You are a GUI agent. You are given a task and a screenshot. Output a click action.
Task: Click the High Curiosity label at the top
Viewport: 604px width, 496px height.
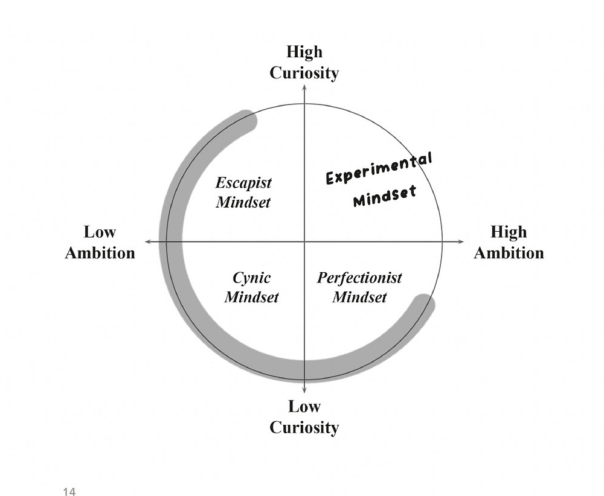click(304, 63)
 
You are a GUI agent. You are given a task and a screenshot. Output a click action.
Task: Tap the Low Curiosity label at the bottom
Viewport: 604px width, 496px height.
click(304, 417)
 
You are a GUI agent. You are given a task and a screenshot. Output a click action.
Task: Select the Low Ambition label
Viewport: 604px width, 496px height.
click(100, 242)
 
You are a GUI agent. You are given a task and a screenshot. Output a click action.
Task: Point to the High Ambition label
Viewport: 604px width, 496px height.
click(509, 242)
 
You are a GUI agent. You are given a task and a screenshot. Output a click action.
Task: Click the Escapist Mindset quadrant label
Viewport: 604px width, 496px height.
click(243, 192)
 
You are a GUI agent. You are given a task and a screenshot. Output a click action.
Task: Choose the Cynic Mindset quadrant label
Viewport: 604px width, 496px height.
click(251, 288)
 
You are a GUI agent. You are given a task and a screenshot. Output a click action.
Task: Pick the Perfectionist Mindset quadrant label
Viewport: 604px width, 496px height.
click(359, 288)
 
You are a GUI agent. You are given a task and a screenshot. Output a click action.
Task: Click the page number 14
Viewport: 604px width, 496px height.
click(69, 492)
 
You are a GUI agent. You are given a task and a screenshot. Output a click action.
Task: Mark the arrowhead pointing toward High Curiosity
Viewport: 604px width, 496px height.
click(304, 88)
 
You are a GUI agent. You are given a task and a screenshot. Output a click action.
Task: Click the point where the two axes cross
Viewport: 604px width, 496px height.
click(304, 241)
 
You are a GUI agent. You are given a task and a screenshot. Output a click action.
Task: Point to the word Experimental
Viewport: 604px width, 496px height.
click(379, 168)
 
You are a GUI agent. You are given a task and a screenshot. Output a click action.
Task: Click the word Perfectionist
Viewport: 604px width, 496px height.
click(359, 278)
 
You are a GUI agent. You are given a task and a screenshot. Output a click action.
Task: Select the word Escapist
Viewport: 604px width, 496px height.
click(243, 182)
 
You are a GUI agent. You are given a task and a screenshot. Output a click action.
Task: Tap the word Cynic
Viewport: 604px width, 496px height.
click(251, 278)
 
